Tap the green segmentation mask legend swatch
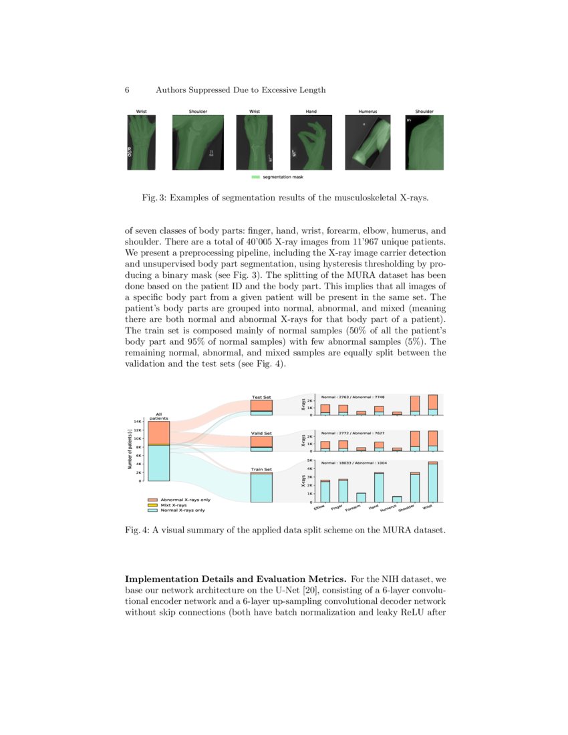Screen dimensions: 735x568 pyautogui.click(x=255, y=177)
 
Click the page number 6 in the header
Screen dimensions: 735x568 pyautogui.click(x=127, y=90)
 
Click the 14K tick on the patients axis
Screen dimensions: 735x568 pyautogui.click(x=136, y=422)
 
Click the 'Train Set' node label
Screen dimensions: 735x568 pyautogui.click(x=261, y=470)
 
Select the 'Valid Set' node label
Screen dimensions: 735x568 pyautogui.click(x=261, y=433)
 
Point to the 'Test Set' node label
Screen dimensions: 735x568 pyautogui.click(x=261, y=397)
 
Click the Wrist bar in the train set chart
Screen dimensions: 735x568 pyautogui.click(x=432, y=482)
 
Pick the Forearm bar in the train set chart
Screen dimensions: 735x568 pyautogui.click(x=361, y=497)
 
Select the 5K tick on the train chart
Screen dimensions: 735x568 pyautogui.click(x=310, y=460)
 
